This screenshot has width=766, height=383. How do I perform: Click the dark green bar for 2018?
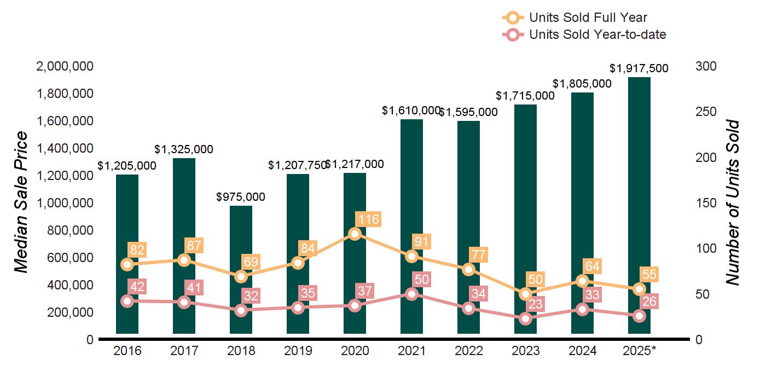[241, 241]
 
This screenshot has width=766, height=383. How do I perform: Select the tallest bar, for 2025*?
[639, 164]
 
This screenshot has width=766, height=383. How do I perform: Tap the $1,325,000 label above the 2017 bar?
[184, 149]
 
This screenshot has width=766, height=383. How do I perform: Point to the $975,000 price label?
[241, 196]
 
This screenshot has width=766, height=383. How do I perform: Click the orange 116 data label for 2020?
[368, 220]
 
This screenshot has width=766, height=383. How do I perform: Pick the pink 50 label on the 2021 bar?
[422, 280]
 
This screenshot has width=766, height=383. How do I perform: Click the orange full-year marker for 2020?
[355, 234]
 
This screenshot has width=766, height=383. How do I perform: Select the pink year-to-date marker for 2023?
[525, 318]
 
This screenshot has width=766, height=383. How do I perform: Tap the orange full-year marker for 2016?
[127, 264]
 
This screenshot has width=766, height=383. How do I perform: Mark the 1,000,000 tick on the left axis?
[65, 203]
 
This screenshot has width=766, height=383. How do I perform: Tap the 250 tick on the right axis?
[706, 112]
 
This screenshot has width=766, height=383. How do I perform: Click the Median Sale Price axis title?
[21, 202]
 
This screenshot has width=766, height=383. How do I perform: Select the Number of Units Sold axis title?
[733, 202]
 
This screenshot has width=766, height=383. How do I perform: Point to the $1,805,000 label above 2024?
[582, 84]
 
